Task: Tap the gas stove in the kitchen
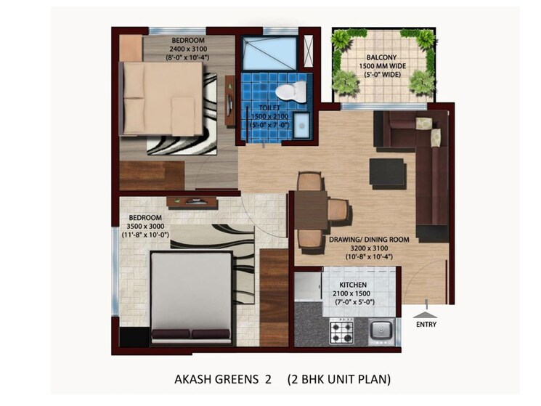(x=343, y=331)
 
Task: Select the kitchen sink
(x=381, y=332)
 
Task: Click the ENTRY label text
(x=426, y=325)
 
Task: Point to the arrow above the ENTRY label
(x=422, y=315)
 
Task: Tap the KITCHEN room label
(x=352, y=284)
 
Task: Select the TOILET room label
(x=269, y=107)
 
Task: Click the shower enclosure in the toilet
(x=269, y=52)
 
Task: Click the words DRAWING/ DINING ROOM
(x=369, y=239)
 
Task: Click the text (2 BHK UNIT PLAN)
(x=338, y=379)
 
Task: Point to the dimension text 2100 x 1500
(x=352, y=293)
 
